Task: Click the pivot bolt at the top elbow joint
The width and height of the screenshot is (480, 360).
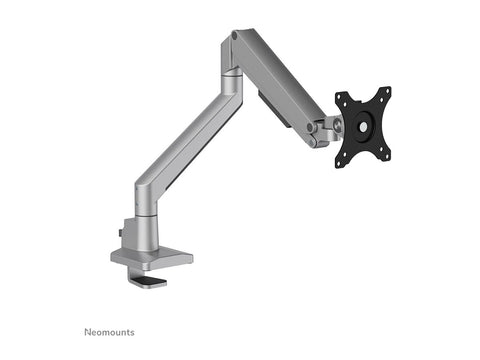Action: (234, 36)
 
